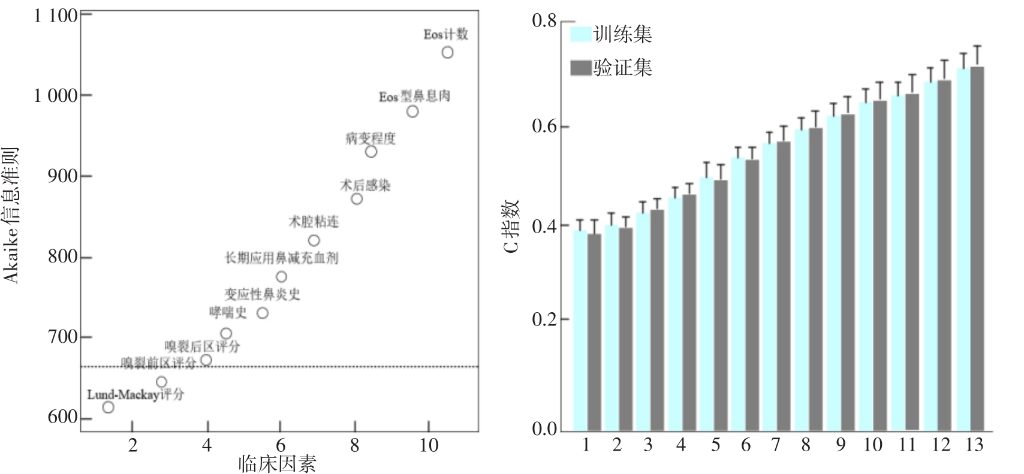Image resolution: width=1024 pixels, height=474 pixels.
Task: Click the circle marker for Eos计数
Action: click(x=447, y=53)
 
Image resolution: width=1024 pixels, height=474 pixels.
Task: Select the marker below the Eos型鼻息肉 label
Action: click(x=412, y=111)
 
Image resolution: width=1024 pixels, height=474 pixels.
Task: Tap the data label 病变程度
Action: click(x=371, y=138)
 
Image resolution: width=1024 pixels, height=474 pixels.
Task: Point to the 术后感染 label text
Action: click(x=365, y=185)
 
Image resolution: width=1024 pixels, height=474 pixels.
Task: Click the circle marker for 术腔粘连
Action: click(x=314, y=241)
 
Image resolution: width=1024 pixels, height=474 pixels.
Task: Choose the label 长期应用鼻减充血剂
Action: click(x=281, y=258)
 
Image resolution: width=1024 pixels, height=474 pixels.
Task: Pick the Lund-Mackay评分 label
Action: click(x=135, y=395)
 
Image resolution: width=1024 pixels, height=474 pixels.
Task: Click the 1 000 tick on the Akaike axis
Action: click(x=56, y=96)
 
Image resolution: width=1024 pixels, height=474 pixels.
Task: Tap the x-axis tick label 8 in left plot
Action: click(x=355, y=446)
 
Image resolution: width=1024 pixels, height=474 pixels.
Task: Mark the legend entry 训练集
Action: click(x=622, y=34)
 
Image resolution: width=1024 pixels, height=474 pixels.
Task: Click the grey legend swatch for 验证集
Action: click(x=581, y=68)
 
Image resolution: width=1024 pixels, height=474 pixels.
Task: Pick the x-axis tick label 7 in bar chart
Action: click(x=776, y=445)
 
